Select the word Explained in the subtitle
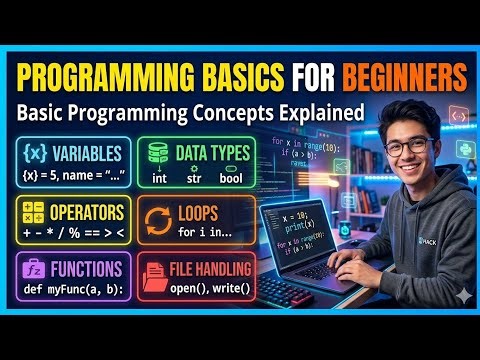[320, 112]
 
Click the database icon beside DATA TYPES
[158, 154]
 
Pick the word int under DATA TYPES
[158, 178]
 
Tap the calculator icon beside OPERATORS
[33, 213]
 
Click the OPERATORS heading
[87, 212]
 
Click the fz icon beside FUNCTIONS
[33, 270]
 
